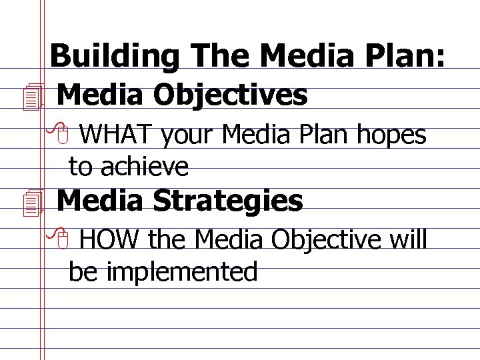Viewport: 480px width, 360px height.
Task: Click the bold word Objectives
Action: [x=230, y=95]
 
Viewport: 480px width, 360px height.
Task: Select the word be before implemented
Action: [x=82, y=271]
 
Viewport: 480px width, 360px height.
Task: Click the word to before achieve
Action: [x=81, y=167]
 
